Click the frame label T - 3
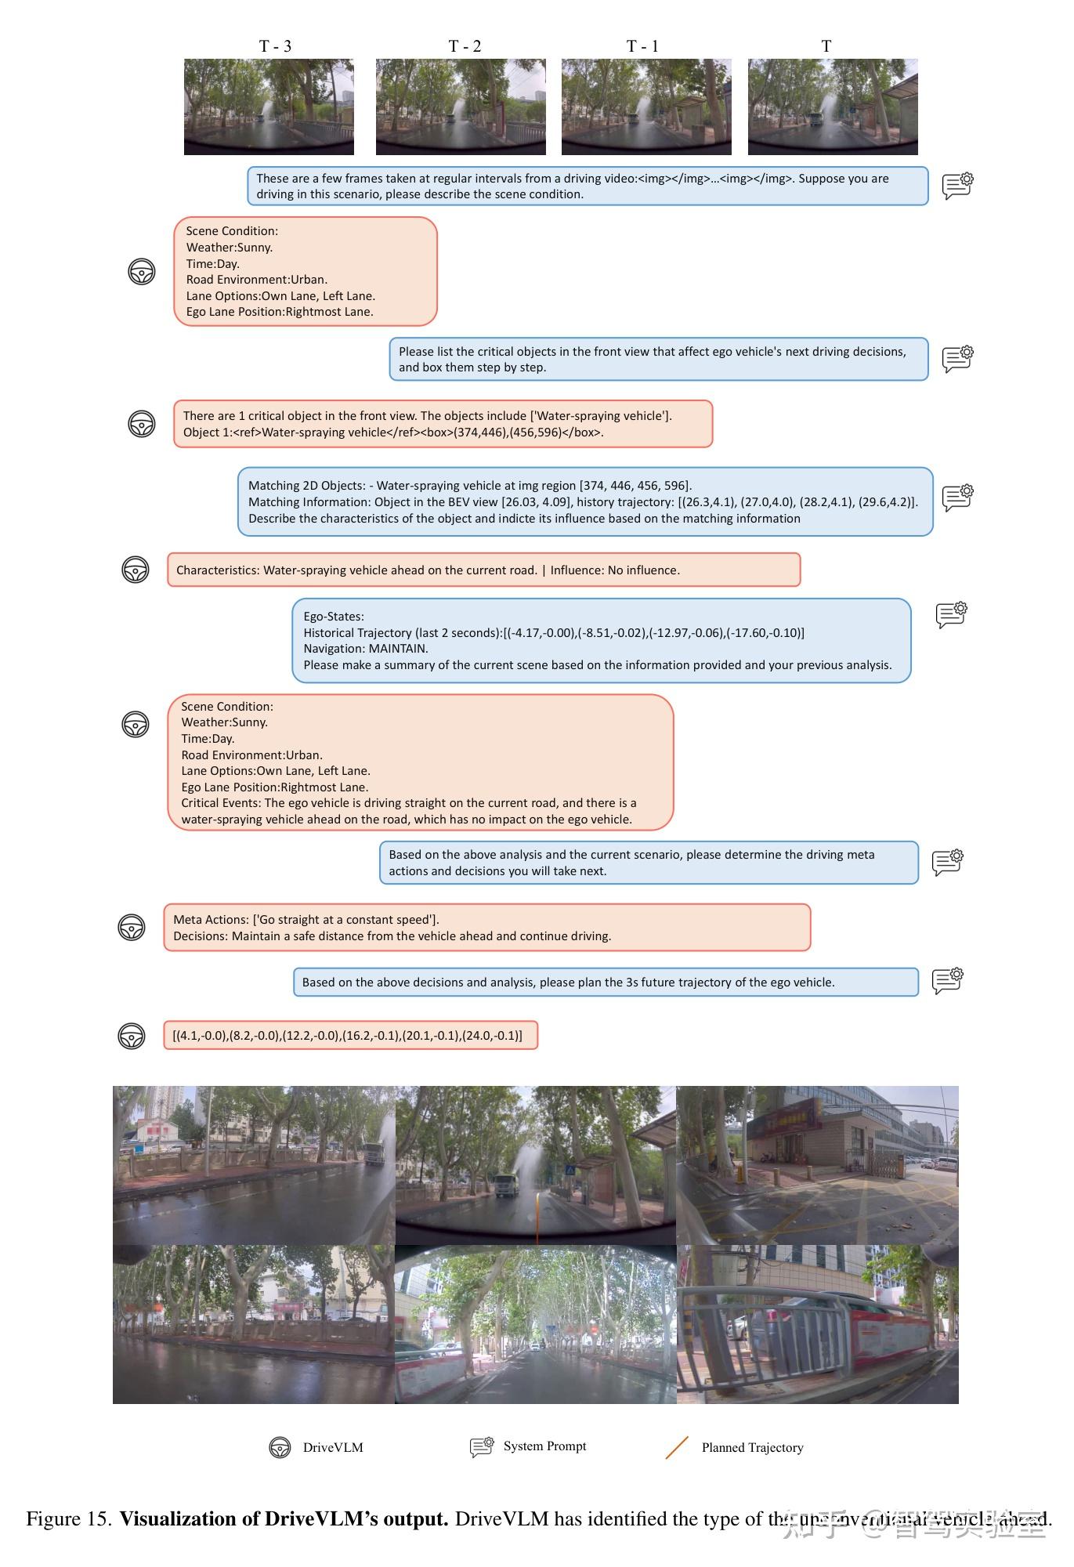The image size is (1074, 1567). [x=275, y=46]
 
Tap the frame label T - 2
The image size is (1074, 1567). [x=465, y=46]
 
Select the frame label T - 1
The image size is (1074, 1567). [x=642, y=46]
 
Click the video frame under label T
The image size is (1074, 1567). [x=833, y=107]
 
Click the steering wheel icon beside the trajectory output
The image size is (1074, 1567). [x=132, y=1036]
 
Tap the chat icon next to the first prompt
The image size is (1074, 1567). [x=957, y=186]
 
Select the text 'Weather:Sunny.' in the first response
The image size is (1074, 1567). [x=230, y=248]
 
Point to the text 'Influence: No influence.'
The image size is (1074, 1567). [x=615, y=570]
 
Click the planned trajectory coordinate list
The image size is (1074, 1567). [x=347, y=1036]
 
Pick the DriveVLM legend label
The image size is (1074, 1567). [x=333, y=1448]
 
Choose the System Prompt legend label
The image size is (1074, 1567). [x=544, y=1446]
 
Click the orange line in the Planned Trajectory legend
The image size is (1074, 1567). [x=677, y=1448]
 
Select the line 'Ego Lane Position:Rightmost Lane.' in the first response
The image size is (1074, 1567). [x=280, y=312]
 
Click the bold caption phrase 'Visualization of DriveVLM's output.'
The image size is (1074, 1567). [x=284, y=1519]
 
